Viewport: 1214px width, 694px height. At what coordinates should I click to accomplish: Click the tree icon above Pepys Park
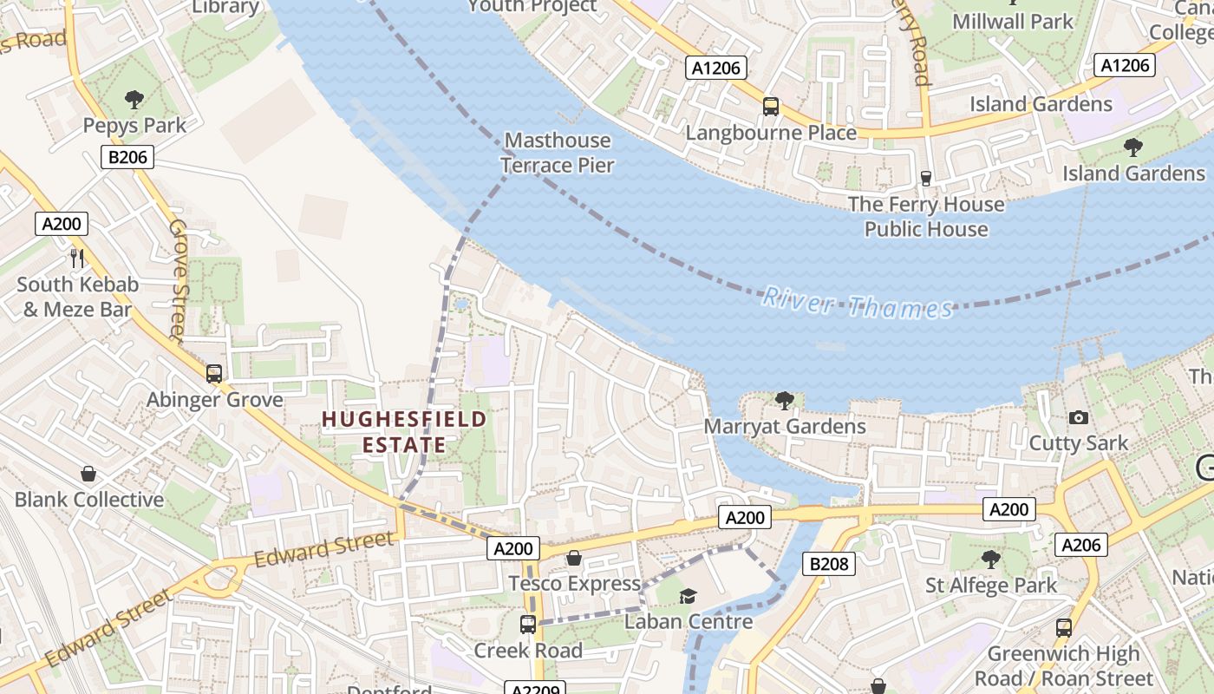[134, 100]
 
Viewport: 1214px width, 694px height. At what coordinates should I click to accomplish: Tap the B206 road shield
[127, 157]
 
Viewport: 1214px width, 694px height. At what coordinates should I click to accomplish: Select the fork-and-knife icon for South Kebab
[77, 257]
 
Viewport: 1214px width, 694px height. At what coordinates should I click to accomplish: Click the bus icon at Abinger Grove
[214, 374]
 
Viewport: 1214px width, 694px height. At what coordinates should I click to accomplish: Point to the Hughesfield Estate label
[404, 432]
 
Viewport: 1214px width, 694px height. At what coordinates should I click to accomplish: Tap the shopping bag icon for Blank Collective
[88, 474]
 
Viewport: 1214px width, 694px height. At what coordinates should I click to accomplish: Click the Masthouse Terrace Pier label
[557, 153]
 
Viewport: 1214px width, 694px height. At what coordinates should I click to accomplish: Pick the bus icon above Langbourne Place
[770, 107]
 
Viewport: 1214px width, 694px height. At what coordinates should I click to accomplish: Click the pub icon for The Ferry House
[926, 178]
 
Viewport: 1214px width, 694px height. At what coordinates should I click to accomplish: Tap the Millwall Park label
[1013, 22]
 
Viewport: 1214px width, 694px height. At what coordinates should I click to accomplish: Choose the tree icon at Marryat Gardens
[785, 400]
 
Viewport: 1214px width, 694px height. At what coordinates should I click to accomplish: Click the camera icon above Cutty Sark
[1079, 417]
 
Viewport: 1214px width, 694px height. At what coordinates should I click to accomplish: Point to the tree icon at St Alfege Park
[991, 560]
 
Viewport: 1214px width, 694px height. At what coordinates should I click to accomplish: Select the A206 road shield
[1081, 545]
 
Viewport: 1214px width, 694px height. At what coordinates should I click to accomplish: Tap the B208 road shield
[829, 564]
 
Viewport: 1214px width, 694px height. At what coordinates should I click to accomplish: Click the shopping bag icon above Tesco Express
[573, 557]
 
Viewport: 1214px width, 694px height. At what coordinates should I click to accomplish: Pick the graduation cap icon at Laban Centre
[688, 596]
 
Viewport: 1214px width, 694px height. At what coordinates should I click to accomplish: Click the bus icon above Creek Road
[527, 624]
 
